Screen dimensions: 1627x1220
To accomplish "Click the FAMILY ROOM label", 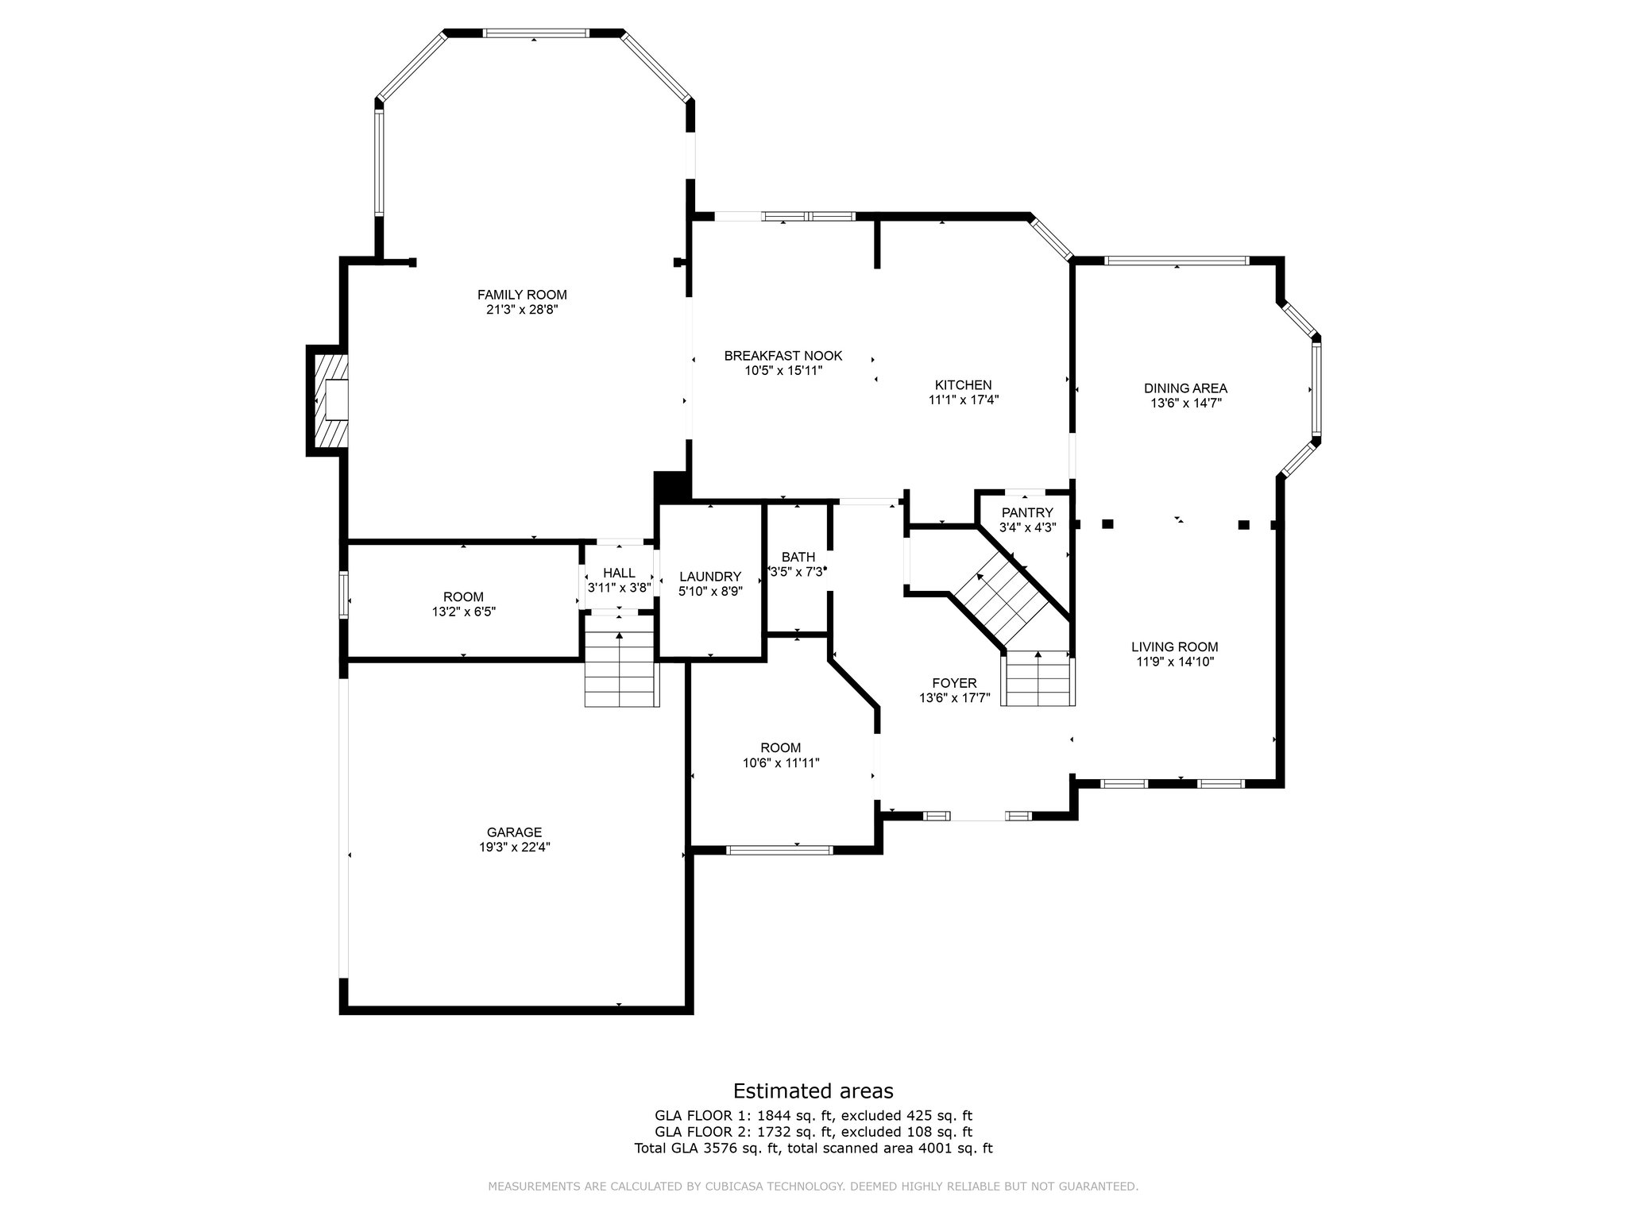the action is pos(522,295).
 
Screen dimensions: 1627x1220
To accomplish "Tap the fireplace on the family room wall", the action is pos(328,400).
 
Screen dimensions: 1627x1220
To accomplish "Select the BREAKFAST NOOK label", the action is pos(783,356).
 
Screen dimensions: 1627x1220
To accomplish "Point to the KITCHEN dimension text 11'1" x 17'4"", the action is pos(964,400).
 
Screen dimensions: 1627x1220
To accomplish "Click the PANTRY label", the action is pos(1027,513).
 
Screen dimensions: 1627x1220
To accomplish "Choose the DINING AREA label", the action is pos(1185,388).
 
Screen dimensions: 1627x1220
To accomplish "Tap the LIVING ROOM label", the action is pos(1175,647).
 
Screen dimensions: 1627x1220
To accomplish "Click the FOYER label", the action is pos(954,683).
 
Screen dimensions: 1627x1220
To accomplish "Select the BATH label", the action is pos(798,558).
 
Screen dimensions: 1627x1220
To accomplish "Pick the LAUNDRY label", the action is pos(710,577).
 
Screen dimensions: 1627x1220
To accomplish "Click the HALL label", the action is pos(619,573).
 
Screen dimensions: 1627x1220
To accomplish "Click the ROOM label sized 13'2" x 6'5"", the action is pos(463,597).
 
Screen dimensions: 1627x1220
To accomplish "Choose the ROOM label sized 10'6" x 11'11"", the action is pos(781,747).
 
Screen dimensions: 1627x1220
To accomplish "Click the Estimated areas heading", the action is pos(813,1091).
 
